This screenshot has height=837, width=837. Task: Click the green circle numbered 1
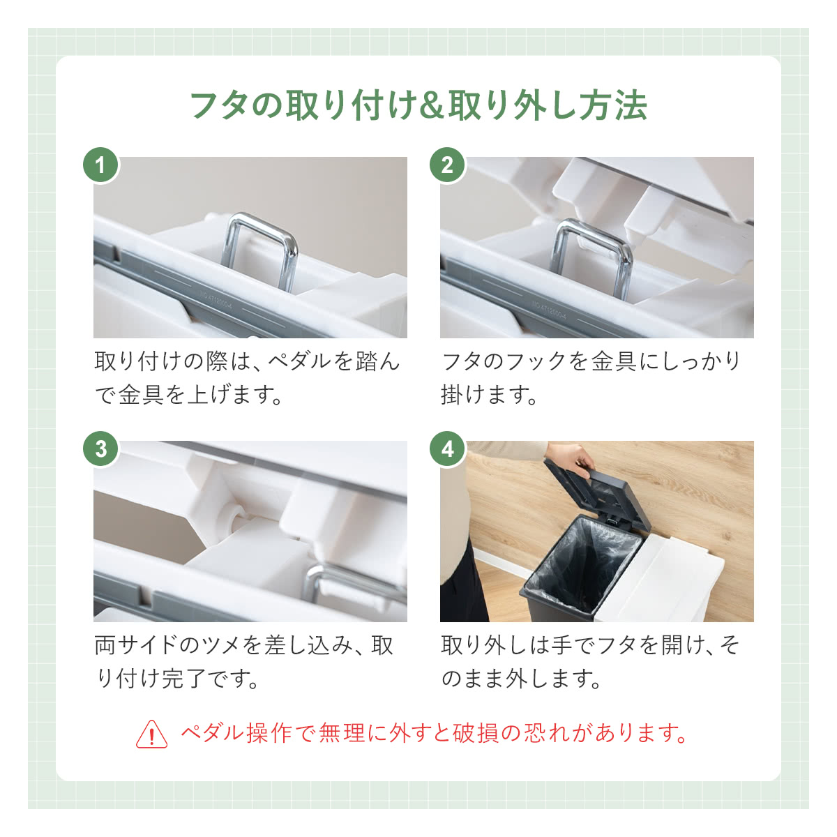(100, 165)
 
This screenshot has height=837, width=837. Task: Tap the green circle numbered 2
(447, 165)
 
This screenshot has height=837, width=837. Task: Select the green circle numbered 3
(100, 449)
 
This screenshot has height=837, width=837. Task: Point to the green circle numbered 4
(447, 449)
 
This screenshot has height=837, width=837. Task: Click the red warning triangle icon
(151, 733)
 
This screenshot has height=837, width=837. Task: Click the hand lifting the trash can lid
(569, 460)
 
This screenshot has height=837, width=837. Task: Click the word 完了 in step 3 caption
(183, 679)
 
